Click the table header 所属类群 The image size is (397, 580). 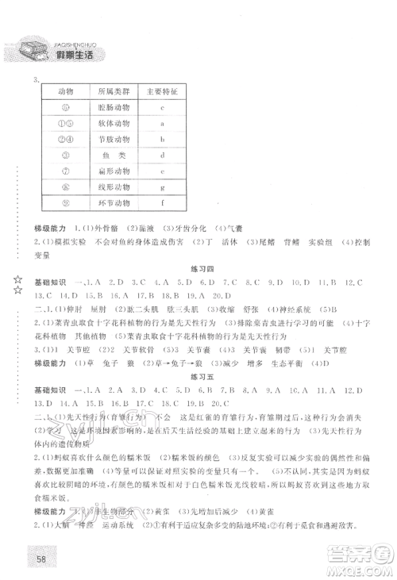[110, 92]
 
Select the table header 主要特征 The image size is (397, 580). [161, 92]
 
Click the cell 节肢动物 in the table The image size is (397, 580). [110, 139]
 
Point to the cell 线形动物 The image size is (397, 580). [110, 187]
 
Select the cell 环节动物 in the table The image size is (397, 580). [110, 203]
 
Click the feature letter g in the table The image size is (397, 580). [161, 187]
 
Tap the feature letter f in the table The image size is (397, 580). [161, 203]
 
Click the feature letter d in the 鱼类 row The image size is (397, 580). [161, 156]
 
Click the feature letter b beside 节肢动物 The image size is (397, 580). [161, 139]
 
